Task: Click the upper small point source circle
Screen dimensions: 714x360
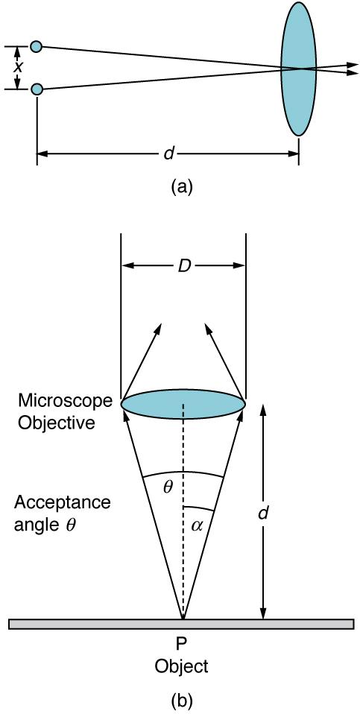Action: [37, 46]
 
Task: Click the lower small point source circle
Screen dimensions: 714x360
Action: [37, 89]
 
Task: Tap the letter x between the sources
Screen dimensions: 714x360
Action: [19, 67]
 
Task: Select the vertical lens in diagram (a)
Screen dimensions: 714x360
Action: [298, 69]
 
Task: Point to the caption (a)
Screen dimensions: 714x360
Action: [182, 187]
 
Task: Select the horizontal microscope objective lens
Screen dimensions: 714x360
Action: [183, 402]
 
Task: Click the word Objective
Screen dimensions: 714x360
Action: [57, 423]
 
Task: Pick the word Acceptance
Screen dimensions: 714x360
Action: [62, 502]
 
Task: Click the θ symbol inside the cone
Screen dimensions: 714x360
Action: [168, 488]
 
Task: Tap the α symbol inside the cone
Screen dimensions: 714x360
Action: [197, 525]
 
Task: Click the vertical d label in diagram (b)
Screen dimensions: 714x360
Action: [262, 514]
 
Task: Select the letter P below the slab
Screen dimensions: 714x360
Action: [182, 643]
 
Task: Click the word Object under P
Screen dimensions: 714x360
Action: [182, 665]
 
